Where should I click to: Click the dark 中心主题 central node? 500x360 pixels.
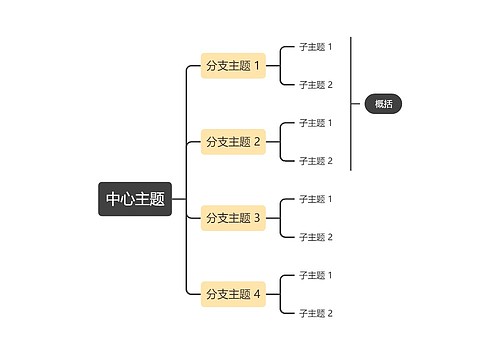(135, 199)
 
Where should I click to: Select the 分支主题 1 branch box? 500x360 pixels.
(233, 66)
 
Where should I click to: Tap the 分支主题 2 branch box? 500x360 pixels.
(233, 142)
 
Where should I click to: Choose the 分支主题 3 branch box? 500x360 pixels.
(233, 218)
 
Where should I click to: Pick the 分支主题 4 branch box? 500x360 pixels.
(233, 294)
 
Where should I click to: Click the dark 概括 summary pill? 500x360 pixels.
(383, 104)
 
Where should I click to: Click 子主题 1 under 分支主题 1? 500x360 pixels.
(315, 47)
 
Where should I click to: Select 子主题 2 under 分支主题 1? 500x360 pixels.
(315, 85)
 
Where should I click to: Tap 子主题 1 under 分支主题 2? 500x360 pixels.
(315, 123)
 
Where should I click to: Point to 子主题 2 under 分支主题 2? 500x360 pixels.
(315, 161)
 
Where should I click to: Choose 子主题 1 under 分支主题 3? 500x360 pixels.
(315, 199)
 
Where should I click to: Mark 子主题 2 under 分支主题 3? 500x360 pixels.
(315, 237)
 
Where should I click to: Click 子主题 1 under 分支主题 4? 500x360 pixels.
(315, 275)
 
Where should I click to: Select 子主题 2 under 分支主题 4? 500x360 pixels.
(315, 313)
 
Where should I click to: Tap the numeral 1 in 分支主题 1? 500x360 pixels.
(257, 66)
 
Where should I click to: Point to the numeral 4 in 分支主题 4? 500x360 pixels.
(257, 294)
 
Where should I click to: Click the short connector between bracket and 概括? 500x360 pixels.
(357, 104)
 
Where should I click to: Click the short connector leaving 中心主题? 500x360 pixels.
(179, 199)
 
